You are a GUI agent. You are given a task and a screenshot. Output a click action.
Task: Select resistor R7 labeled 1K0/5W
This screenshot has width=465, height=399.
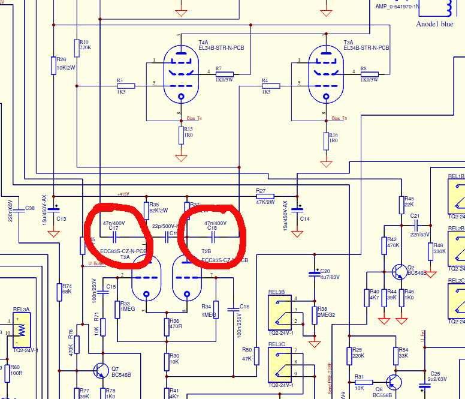pyautogui.click(x=225, y=73)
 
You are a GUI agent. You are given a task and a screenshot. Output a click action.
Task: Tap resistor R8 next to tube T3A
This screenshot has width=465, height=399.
pyautogui.click(x=370, y=73)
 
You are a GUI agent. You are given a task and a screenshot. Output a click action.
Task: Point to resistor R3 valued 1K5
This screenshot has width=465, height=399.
pyautogui.click(x=126, y=86)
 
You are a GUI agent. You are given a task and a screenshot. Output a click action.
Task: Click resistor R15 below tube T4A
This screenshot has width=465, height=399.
pyautogui.click(x=181, y=136)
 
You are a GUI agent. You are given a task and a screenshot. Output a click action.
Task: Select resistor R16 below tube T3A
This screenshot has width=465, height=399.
pyautogui.click(x=326, y=141)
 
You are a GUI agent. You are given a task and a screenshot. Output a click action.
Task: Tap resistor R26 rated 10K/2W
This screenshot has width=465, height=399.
pyautogui.click(x=54, y=64)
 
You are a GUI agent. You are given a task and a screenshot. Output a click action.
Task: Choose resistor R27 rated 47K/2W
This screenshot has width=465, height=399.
pyautogui.click(x=265, y=196)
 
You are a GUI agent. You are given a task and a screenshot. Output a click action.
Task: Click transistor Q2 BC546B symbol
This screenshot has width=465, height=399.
pyautogui.click(x=399, y=272)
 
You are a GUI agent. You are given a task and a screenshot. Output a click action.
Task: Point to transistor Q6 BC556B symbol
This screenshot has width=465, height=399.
pyautogui.click(x=392, y=382)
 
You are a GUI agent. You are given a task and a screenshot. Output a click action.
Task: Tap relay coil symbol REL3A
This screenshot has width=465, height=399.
pyautogui.click(x=22, y=329)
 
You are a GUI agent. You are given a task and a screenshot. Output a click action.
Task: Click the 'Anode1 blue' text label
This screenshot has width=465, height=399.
pyautogui.click(x=434, y=24)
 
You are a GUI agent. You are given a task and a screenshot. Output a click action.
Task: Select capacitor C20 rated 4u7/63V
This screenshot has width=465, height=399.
pyautogui.click(x=314, y=274)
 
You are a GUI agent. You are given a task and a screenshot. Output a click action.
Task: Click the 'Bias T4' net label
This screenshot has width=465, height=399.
pyautogui.click(x=195, y=118)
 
